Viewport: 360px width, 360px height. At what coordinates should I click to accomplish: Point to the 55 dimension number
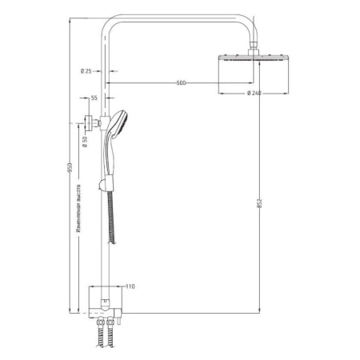94,97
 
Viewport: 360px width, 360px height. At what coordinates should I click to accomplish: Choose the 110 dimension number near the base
131,286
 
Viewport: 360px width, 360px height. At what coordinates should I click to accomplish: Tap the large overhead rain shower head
250,62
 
